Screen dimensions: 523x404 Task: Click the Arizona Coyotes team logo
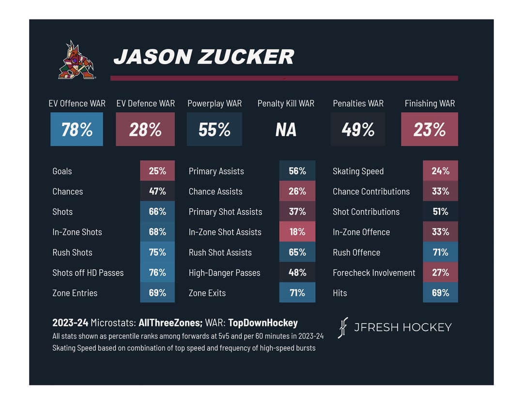77,60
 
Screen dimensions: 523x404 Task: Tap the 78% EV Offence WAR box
77,129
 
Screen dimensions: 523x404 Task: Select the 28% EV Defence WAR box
145,129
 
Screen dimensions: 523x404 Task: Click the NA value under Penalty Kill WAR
286,130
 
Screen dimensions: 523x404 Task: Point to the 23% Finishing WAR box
429,129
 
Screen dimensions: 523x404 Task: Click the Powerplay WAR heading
215,103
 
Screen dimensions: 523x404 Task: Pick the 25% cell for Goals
157,171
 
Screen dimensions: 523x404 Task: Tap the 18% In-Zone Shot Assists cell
297,232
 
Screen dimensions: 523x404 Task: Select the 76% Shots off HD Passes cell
157,272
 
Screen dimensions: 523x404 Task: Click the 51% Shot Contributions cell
440,212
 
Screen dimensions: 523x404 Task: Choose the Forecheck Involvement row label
374,273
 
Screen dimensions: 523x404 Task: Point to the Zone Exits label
207,293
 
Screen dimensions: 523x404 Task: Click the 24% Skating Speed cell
440,171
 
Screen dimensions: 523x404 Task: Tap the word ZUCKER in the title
246,56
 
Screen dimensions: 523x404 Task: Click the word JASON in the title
153,56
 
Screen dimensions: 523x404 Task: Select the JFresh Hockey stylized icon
343,327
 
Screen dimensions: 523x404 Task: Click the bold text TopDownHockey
263,323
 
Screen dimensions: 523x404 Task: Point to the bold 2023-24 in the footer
70,323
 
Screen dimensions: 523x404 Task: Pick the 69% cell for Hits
440,293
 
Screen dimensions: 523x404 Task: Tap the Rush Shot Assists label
220,252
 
